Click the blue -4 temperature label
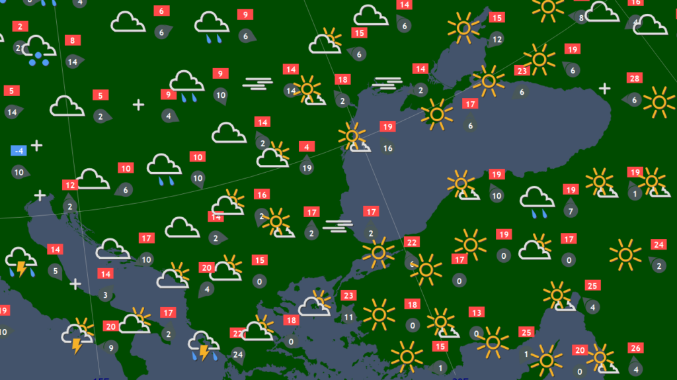(x=19, y=150)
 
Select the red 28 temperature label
(x=635, y=79)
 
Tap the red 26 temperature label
(x=635, y=348)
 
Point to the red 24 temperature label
(x=658, y=244)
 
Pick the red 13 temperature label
(x=476, y=312)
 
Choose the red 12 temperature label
(x=69, y=185)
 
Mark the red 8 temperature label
(x=71, y=40)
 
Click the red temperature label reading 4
(x=306, y=146)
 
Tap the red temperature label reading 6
(x=161, y=11)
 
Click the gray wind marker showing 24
(x=238, y=355)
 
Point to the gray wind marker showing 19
(x=306, y=167)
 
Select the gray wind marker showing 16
(x=387, y=148)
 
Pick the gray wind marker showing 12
(x=497, y=40)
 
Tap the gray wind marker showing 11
(x=348, y=316)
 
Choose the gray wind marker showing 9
(x=110, y=346)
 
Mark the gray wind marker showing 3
(x=105, y=295)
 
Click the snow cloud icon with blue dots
(x=38, y=50)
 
